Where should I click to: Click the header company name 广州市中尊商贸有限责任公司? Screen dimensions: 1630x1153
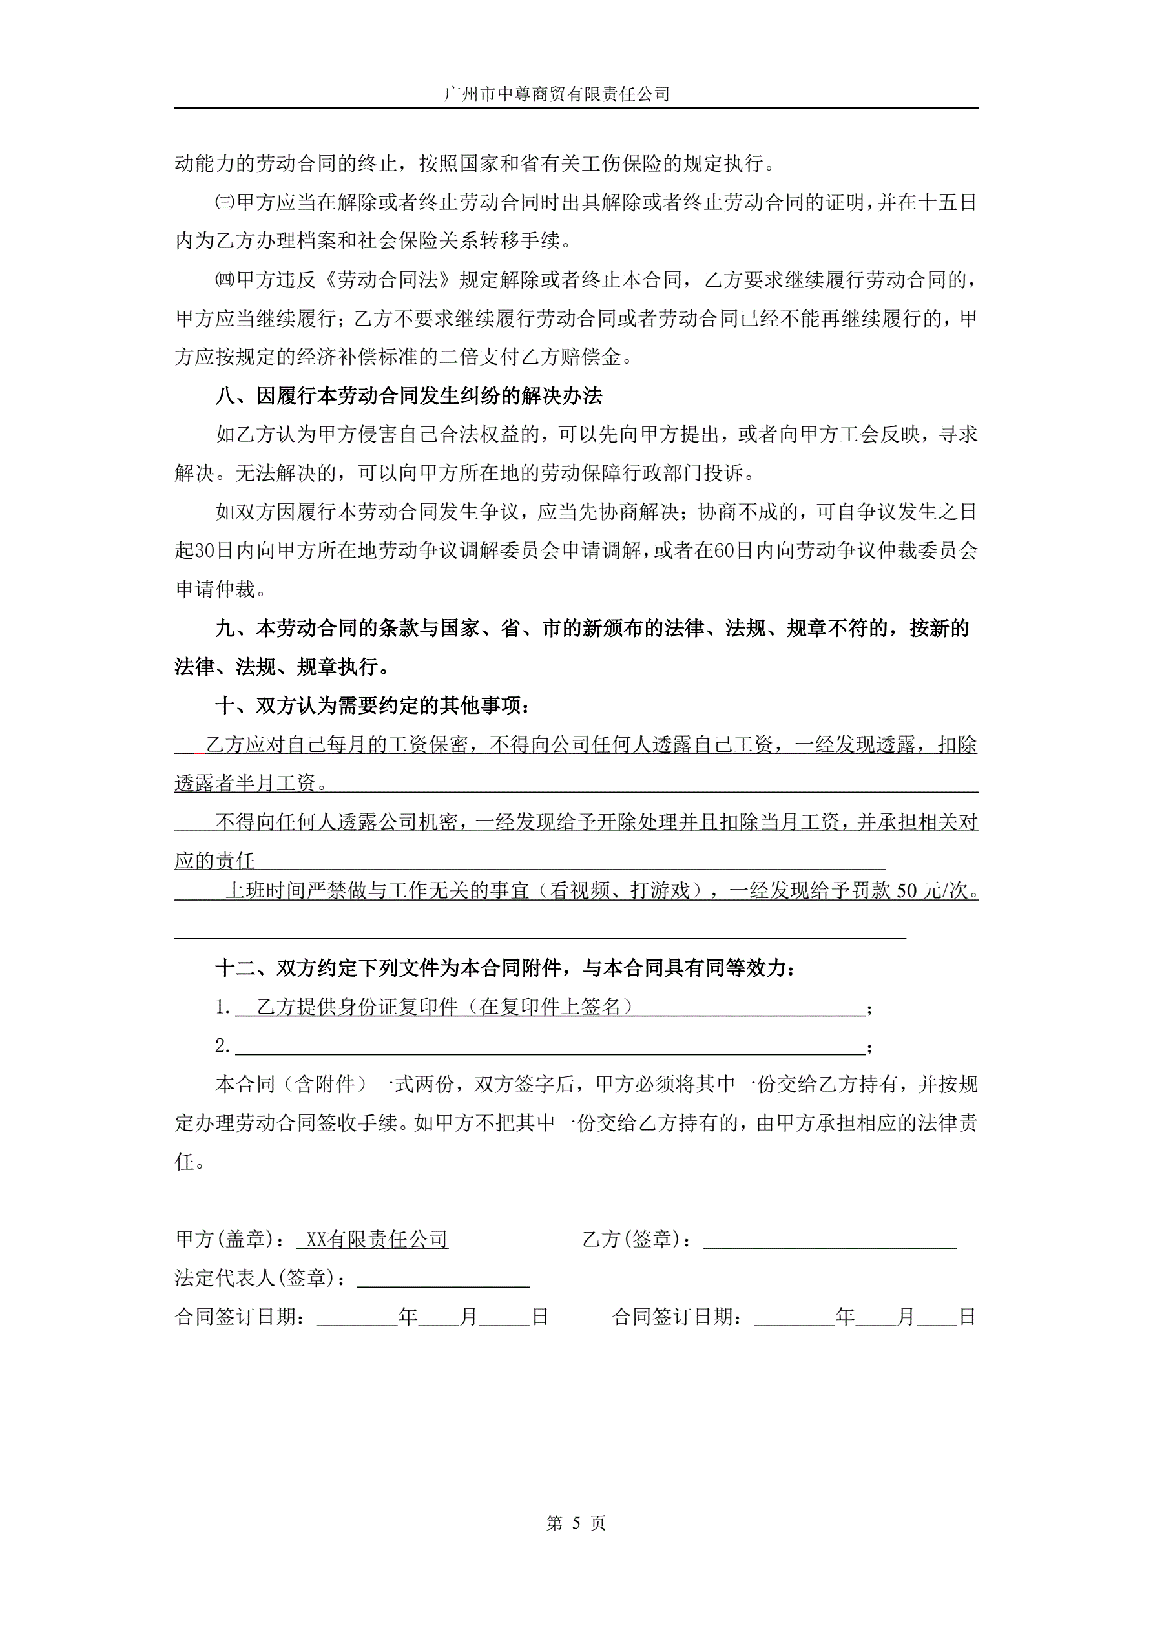557,94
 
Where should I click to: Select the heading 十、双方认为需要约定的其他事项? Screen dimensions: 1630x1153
372,705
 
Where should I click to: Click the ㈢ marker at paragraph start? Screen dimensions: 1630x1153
224,203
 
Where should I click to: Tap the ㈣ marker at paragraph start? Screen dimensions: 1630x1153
224,280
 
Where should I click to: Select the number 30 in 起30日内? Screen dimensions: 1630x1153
205,550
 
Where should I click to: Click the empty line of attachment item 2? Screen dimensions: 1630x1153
550,1047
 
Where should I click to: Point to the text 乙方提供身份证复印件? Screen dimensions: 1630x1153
357,1007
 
